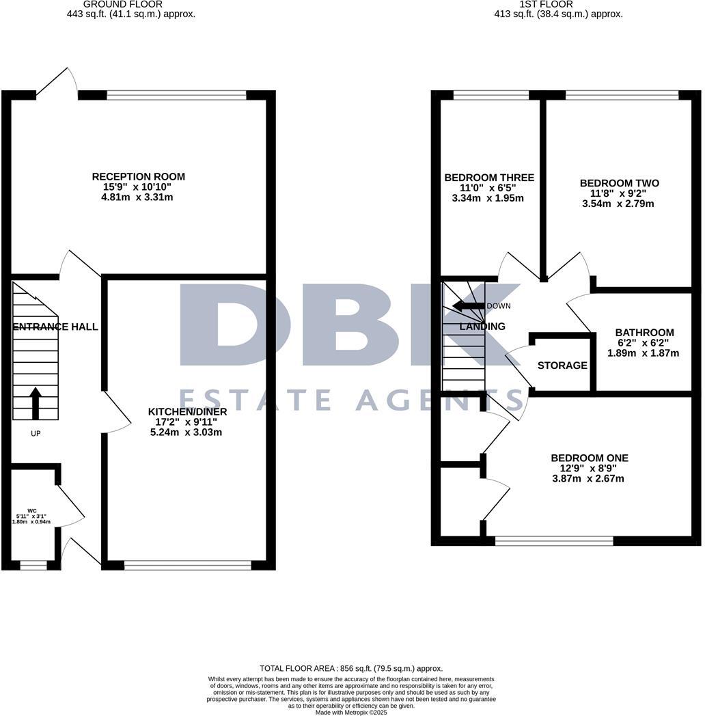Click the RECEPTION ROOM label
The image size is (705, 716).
(138, 177)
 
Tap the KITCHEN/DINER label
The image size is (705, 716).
(187, 412)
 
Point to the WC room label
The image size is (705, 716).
(31, 510)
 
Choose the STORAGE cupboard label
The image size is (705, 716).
(562, 366)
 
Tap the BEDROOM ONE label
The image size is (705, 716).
(590, 458)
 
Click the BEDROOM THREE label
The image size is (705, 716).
(489, 178)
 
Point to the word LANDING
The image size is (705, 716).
(482, 327)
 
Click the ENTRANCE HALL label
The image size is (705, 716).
(55, 327)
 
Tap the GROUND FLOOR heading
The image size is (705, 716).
(131, 3)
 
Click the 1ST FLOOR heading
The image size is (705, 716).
(558, 3)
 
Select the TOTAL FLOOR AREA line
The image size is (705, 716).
(351, 668)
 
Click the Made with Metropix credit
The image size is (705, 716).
(351, 712)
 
